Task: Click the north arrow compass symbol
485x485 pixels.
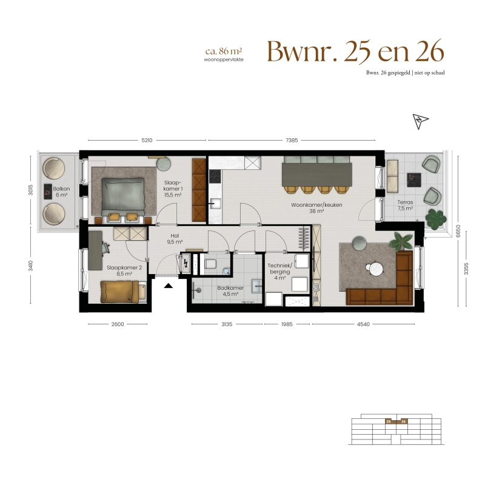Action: tap(420, 121)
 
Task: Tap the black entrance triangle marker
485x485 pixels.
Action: tap(169, 286)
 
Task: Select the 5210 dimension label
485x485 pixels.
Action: tap(147, 141)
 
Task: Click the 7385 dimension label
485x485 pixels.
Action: tap(292, 141)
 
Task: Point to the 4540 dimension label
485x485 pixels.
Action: tap(363, 324)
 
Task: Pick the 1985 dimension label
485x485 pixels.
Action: tap(287, 324)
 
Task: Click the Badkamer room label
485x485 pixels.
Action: tap(230, 288)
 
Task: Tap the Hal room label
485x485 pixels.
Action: tap(175, 236)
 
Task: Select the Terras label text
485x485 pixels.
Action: tap(405, 202)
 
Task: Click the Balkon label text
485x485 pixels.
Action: tap(61, 189)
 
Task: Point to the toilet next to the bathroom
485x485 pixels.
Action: tap(210, 264)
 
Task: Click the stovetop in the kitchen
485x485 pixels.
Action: tap(215, 176)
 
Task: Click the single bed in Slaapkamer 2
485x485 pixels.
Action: tap(123, 292)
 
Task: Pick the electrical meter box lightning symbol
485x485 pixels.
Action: tap(186, 264)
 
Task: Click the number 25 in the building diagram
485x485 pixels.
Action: tap(389, 421)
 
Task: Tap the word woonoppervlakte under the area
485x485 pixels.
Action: tap(224, 59)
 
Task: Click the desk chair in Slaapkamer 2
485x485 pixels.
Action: tap(105, 248)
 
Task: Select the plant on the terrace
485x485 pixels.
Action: tap(436, 219)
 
